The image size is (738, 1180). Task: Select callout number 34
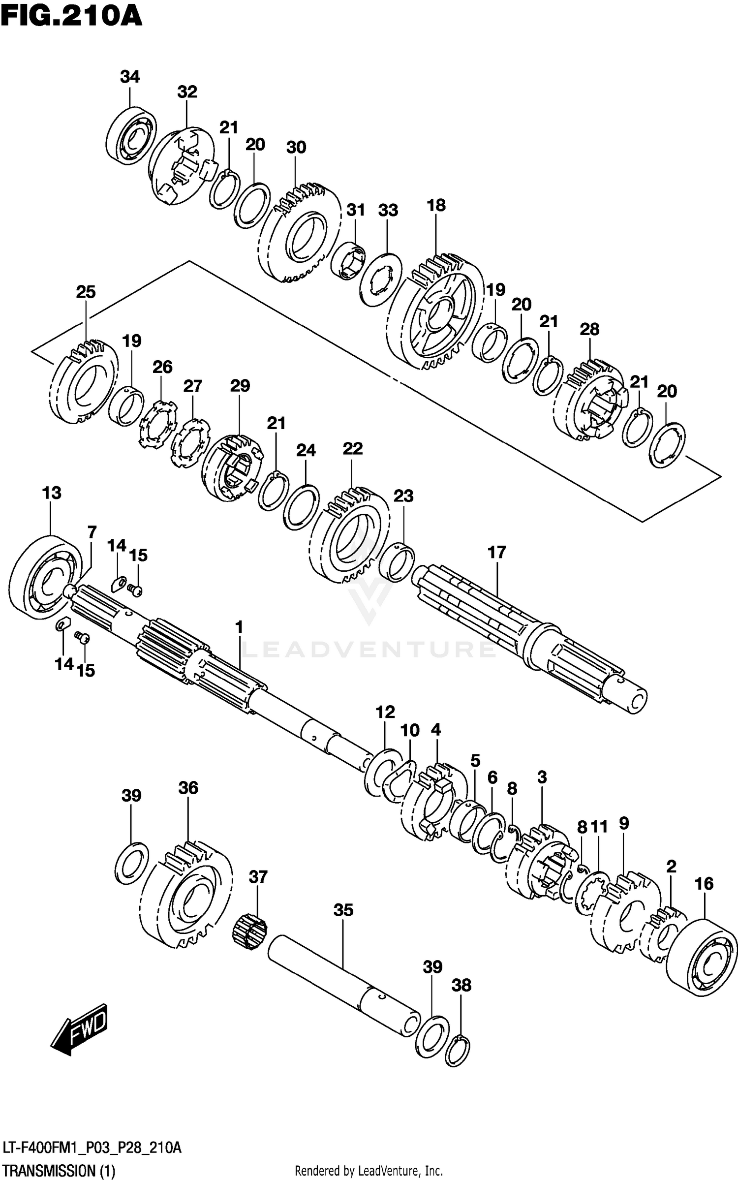pyautogui.click(x=130, y=77)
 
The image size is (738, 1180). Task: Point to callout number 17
pyautogui.click(x=496, y=552)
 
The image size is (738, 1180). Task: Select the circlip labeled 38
pyautogui.click(x=458, y=1051)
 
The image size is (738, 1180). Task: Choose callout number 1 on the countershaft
pyautogui.click(x=239, y=627)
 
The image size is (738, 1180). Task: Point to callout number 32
pyautogui.click(x=187, y=92)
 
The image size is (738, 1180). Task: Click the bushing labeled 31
pyautogui.click(x=348, y=260)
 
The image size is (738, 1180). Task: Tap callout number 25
pyautogui.click(x=86, y=292)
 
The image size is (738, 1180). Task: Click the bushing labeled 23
pyautogui.click(x=397, y=563)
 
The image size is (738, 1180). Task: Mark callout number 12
pyautogui.click(x=385, y=712)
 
